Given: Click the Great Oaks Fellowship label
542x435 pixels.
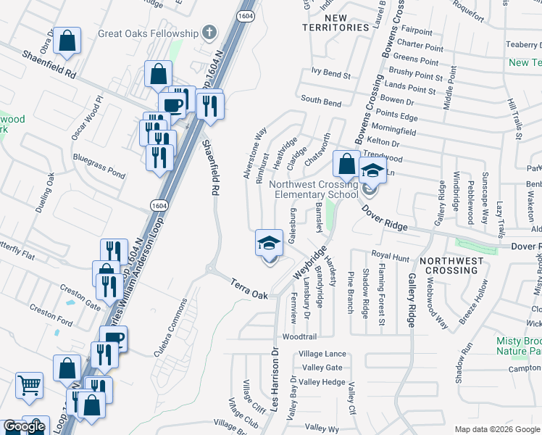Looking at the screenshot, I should [x=148, y=33].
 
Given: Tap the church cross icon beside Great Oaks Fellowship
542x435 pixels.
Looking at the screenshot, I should [x=209, y=33].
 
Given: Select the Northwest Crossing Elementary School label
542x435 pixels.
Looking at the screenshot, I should [x=314, y=189].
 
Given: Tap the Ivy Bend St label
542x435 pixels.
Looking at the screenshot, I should [x=330, y=74].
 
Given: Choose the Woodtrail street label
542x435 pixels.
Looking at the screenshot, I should [x=300, y=337].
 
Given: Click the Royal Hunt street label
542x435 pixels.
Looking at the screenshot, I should [x=391, y=255].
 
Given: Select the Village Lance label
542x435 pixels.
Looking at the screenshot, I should [x=322, y=353].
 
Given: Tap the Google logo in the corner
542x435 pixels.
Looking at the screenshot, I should [x=24, y=426].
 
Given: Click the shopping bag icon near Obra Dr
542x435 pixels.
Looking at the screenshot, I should [x=67, y=43].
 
